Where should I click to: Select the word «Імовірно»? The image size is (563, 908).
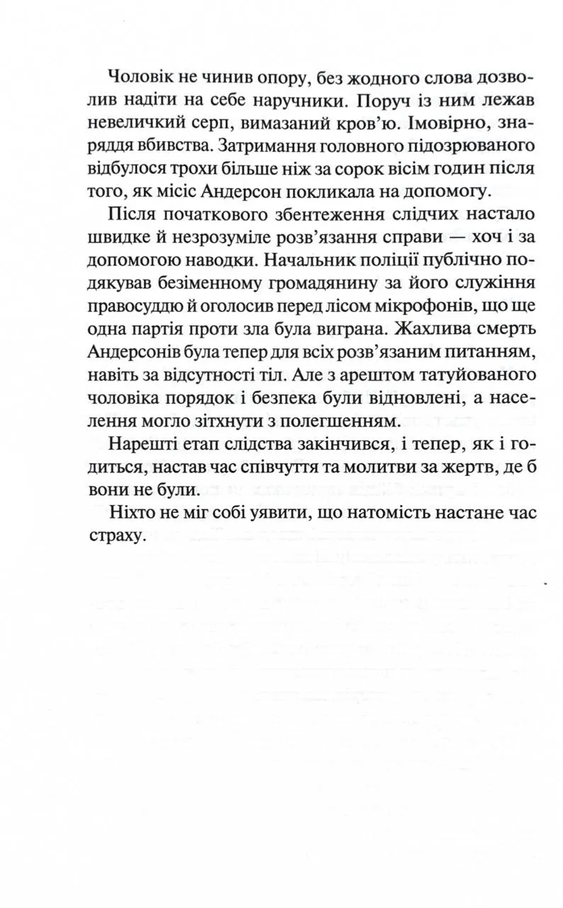point(426,123)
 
